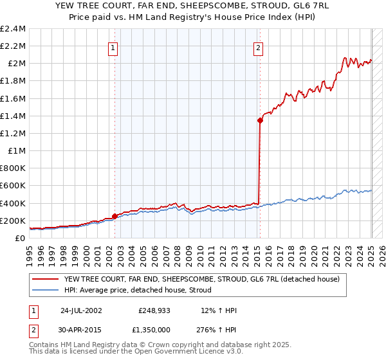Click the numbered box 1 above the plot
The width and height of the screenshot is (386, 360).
pyautogui.click(x=113, y=47)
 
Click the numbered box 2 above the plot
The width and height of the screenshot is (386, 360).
pyautogui.click(x=258, y=47)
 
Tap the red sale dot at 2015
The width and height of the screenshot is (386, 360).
pyautogui.click(x=260, y=120)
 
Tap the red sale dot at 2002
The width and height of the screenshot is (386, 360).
pyautogui.click(x=115, y=217)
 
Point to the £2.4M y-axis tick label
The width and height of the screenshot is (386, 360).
pyautogui.click(x=13, y=29)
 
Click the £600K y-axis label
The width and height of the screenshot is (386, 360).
pyautogui.click(x=13, y=186)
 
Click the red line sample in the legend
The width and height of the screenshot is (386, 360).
pyautogui.click(x=46, y=279)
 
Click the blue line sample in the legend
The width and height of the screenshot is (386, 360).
pyautogui.click(x=46, y=290)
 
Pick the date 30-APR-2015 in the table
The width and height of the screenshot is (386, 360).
pyautogui.click(x=81, y=328)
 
